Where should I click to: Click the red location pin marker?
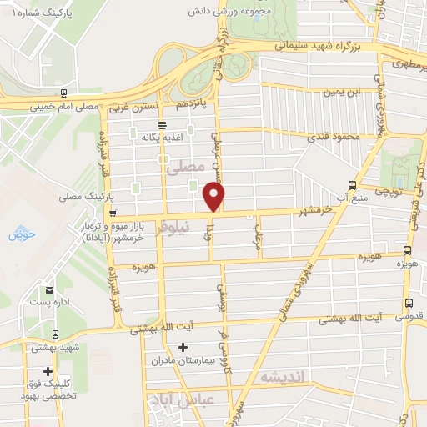pyautogui.click(x=214, y=197)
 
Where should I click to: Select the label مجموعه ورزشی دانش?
pyautogui.click(x=268, y=13)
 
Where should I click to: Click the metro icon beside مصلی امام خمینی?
pyautogui.click(x=64, y=93)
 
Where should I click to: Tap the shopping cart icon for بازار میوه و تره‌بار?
pyautogui.click(x=113, y=212)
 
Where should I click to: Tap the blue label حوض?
pyautogui.click(x=19, y=235)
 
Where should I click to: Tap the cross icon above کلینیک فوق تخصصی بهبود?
pyautogui.click(x=49, y=371)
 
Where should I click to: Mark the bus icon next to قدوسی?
pyautogui.click(x=408, y=304)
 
